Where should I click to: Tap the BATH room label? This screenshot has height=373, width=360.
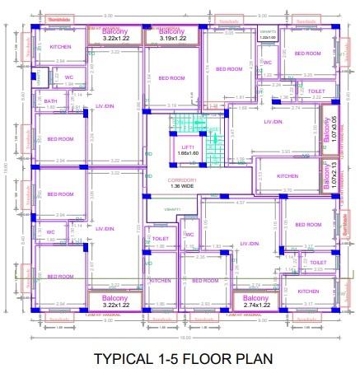pyautogui.click(x=51, y=100)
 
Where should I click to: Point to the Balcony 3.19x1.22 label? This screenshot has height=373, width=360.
pyautogui.click(x=167, y=35)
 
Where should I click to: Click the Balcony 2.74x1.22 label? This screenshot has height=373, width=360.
pyautogui.click(x=255, y=301)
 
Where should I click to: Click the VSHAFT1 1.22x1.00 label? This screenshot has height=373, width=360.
pyautogui.click(x=269, y=35)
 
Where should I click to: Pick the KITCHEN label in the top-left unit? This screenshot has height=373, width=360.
pyautogui.click(x=60, y=47)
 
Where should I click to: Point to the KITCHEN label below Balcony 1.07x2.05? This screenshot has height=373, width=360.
pyautogui.click(x=288, y=176)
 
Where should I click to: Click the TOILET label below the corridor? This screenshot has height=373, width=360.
pyautogui.click(x=161, y=238)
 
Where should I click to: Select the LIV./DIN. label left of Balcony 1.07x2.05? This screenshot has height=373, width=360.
pyautogui.click(x=274, y=122)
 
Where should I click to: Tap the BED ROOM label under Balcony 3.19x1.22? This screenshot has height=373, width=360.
pyautogui.click(x=171, y=78)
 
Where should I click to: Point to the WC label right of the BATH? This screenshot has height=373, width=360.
pyautogui.click(x=69, y=77)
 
